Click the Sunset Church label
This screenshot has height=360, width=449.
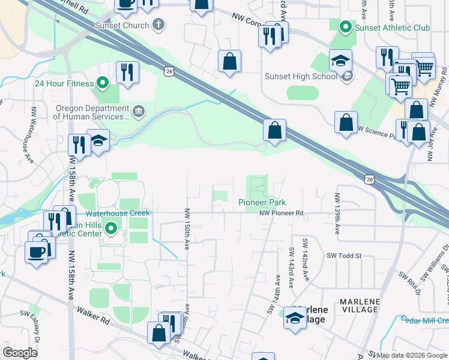121,25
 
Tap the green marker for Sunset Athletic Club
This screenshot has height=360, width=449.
345,28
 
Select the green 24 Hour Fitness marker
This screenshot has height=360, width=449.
102,83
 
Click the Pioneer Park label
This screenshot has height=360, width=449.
262,202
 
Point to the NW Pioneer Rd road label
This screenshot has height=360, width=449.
282,213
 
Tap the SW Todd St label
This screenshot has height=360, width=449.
344,256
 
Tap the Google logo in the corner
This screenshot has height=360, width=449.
20,353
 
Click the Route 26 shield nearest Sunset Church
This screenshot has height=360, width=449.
168,71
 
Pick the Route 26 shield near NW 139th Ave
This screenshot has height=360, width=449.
369,179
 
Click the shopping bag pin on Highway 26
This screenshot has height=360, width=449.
274,130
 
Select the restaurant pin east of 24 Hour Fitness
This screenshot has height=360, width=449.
127,73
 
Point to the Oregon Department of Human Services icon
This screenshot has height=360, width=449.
138,110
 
